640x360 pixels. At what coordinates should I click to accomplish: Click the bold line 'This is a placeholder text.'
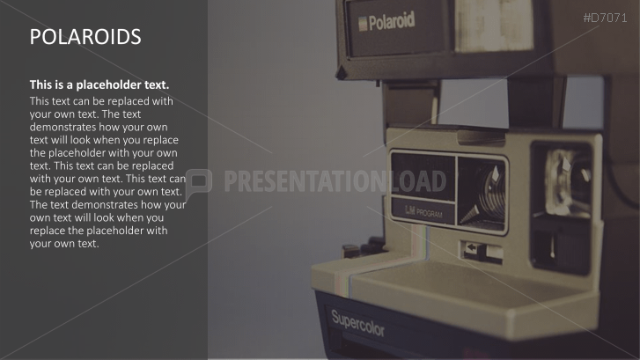(99, 84)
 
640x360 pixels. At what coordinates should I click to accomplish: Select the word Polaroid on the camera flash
(393, 20)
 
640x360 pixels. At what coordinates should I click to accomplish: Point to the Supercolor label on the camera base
(357, 323)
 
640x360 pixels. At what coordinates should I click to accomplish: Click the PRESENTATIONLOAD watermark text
(335, 182)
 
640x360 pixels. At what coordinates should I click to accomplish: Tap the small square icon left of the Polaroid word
(361, 25)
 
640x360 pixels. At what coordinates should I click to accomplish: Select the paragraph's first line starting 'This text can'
(101, 101)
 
